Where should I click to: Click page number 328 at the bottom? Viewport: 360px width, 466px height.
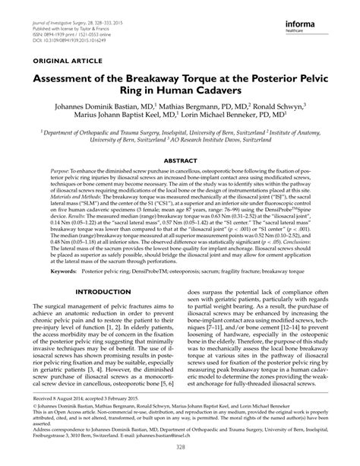pos(180,456)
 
